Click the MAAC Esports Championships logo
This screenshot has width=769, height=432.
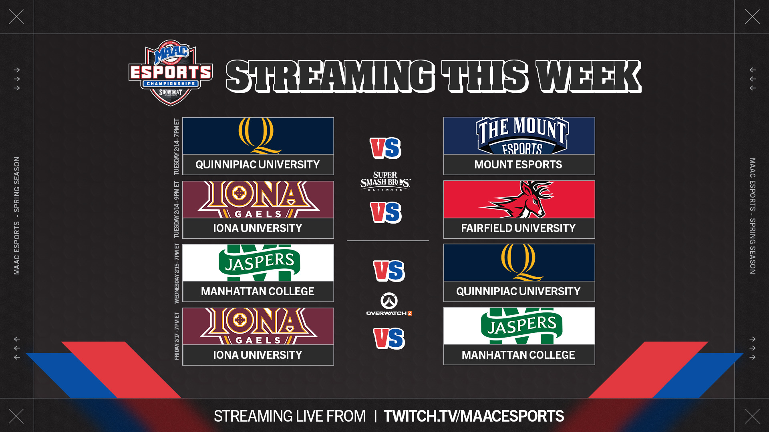[171, 73]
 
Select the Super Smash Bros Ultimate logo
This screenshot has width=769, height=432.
[385, 181]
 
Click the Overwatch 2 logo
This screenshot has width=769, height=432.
[389, 304]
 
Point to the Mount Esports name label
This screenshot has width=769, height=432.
[518, 164]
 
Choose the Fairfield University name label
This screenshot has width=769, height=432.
[518, 228]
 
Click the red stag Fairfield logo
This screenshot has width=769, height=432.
[517, 199]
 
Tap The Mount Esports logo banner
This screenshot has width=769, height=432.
[519, 136]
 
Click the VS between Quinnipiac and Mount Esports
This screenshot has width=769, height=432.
[385, 148]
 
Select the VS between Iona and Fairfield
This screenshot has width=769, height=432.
[386, 212]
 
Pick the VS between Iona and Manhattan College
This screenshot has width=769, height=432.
[389, 338]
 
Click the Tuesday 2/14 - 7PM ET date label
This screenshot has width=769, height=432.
[177, 147]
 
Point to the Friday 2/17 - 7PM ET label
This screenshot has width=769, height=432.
[177, 336]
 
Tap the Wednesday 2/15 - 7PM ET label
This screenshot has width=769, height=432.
[177, 273]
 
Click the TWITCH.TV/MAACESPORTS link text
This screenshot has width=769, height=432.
[474, 416]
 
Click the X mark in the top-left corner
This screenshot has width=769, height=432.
[16, 17]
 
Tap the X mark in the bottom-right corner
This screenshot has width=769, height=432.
[752, 416]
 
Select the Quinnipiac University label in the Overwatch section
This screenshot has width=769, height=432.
[518, 291]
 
